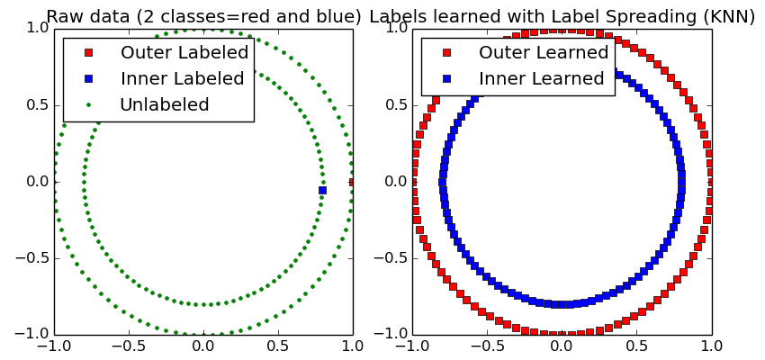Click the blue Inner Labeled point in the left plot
tap(322, 190)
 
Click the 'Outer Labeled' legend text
tap(184, 52)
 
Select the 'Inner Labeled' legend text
tap(183, 78)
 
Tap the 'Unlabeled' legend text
tap(165, 104)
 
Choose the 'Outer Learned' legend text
tap(544, 52)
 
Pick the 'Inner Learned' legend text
tap(542, 78)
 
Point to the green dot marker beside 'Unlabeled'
tap(88, 104)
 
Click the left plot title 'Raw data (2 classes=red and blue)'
tap(203, 16)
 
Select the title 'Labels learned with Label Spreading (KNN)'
tap(562, 16)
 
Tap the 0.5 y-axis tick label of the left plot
tap(37, 104)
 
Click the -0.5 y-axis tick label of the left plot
tap(33, 257)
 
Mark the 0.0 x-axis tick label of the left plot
tap(203, 346)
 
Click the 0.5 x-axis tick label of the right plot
tap(636, 346)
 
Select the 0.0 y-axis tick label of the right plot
tap(395, 181)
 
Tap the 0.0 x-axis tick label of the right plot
tap(562, 346)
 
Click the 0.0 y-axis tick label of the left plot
tap(37, 181)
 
